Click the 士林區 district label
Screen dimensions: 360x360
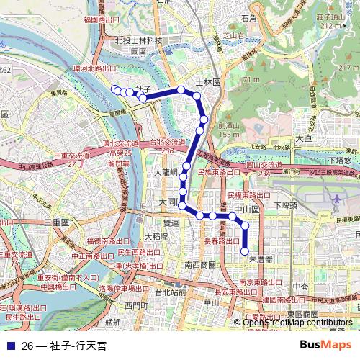(207, 83)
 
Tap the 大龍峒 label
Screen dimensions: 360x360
(166, 174)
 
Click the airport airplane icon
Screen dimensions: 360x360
(337, 199)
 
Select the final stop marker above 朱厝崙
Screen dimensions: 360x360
(245, 251)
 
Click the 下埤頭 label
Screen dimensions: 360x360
(287, 205)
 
